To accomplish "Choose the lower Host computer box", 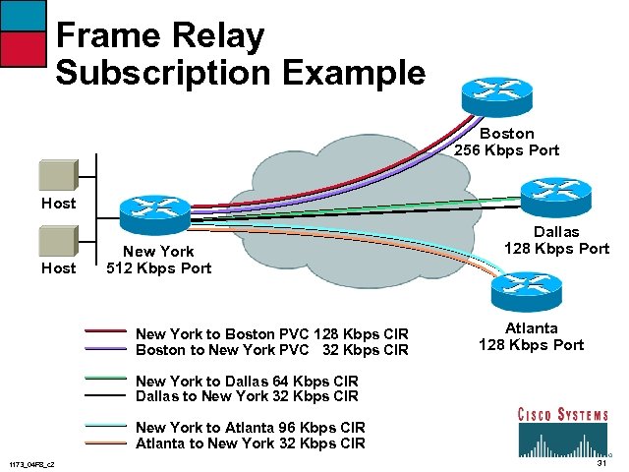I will (58, 242).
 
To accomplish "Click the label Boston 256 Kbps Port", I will (507, 142).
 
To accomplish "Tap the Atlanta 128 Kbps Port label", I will (531, 336).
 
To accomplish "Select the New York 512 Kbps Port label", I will (158, 260).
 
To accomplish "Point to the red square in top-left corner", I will (23, 46).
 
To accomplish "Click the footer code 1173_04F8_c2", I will (31, 464).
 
